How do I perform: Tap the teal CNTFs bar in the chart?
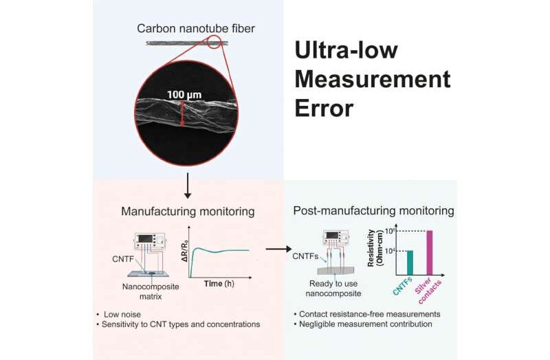pos(391,261)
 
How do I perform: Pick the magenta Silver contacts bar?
pos(430,251)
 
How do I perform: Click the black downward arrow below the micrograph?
pos(188,188)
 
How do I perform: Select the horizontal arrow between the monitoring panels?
pos(276,250)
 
